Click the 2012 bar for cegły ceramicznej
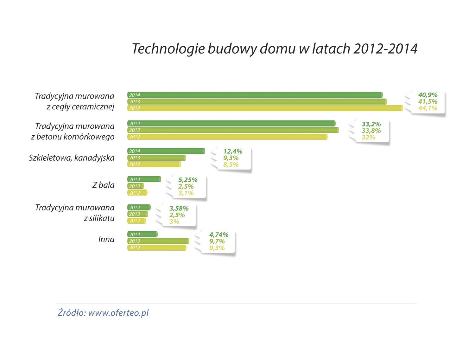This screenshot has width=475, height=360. click(265, 108)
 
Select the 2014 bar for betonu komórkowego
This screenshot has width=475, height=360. click(231, 124)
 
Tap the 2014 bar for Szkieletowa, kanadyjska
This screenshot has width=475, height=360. click(166, 151)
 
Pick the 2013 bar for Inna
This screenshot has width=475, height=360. click(158, 241)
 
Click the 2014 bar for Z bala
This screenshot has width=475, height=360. click(144, 179)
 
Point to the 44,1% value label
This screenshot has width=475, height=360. click(427, 108)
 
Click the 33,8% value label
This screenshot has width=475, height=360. click(371, 131)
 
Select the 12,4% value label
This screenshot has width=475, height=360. click(233, 151)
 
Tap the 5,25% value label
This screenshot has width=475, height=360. click(188, 180)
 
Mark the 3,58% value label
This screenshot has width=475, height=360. click(179, 208)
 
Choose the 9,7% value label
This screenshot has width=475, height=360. click(217, 241)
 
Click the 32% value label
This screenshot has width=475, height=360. click(368, 137)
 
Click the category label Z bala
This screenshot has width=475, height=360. click(103, 185)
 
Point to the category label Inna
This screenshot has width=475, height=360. click(106, 239)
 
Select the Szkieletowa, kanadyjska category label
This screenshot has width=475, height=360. click(72, 158)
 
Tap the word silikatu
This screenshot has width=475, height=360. click(102, 218)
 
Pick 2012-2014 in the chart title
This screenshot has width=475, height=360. click(385, 49)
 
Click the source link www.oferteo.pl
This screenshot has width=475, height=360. click(118, 313)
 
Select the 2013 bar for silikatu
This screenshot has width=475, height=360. click(138, 214)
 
